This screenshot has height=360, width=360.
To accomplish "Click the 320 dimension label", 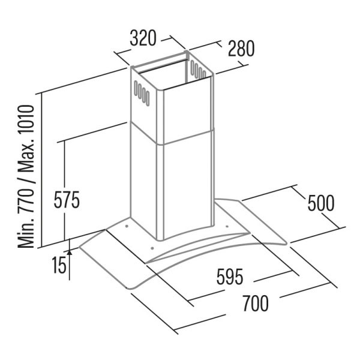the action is (x=143, y=38).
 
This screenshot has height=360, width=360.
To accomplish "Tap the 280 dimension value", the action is (x=241, y=49).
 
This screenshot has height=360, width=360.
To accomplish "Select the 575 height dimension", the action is (x=67, y=200).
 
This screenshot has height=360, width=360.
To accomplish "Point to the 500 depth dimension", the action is (x=321, y=203).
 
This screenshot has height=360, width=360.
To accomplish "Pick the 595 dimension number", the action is (x=230, y=277).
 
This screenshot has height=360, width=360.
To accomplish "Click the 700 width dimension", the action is (x=256, y=303).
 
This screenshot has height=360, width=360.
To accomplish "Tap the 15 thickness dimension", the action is (x=59, y=265).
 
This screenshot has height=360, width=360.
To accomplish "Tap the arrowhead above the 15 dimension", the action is (x=70, y=253).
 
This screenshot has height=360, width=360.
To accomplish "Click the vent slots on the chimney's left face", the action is (x=142, y=93).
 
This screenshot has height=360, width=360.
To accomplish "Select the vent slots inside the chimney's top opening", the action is (x=198, y=70).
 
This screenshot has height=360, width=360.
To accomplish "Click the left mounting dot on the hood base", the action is (x=127, y=226).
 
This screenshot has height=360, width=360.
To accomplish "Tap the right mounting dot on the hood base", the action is (x=227, y=227).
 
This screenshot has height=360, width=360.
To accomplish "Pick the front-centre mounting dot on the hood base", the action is (x=152, y=248).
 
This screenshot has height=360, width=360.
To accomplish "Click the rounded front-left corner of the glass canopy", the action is (x=130, y=287).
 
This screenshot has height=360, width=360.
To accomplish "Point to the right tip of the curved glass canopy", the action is (x=286, y=244).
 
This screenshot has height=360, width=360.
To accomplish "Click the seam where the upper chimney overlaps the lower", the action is (x=172, y=135).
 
